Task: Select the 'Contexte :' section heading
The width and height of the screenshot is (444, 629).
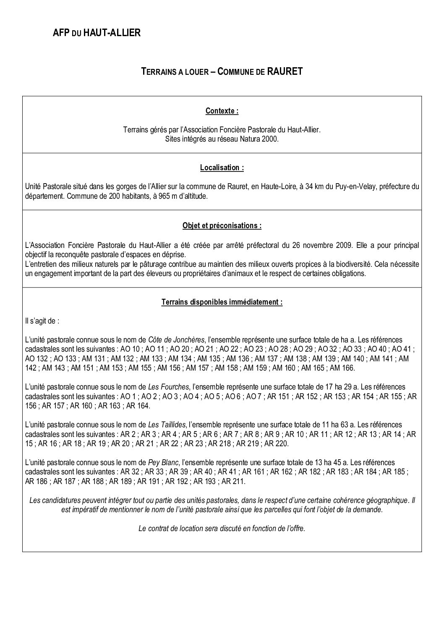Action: [x=222, y=111]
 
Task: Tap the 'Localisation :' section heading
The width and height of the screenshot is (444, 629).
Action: [x=222, y=168]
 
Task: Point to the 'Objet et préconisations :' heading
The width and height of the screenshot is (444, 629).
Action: [x=222, y=226]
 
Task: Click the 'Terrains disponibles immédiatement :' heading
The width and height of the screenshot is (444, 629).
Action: [x=222, y=303]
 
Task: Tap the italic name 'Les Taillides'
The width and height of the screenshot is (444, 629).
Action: [x=167, y=425]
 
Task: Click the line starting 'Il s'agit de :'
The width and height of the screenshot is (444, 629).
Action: [x=42, y=321]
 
